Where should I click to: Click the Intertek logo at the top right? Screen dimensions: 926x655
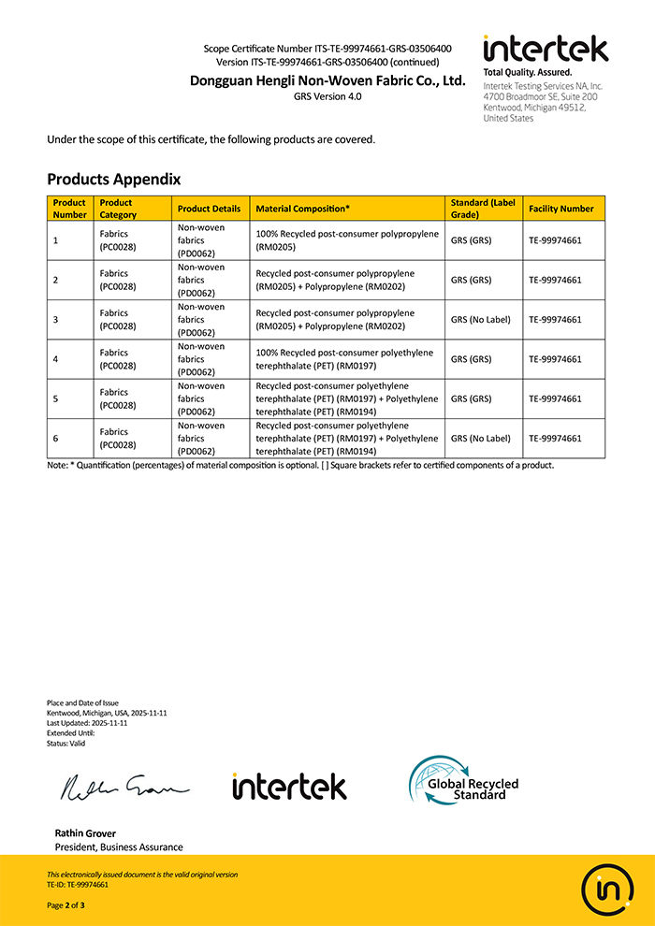coord(545,49)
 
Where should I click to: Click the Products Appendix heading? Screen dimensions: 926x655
coord(113,179)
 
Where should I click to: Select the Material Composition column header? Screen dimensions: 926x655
coord(303,209)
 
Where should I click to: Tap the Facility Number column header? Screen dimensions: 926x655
coord(560,209)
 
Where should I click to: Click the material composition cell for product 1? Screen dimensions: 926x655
coord(347,240)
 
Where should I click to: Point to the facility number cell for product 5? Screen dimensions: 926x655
coord(555,398)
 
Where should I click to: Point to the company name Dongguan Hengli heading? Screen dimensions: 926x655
coord(327,80)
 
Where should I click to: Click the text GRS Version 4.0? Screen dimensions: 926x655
coord(327,96)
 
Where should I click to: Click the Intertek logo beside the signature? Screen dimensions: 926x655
coord(289,786)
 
